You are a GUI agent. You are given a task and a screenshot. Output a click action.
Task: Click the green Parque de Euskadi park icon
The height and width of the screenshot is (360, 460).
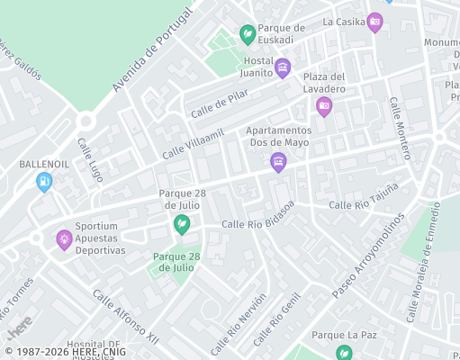[x=246, y=34]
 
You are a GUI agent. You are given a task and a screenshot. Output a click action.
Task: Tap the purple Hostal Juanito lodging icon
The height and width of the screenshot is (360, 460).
[x=283, y=67]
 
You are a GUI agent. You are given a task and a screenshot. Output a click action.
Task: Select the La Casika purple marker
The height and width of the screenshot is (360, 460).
[x=375, y=22]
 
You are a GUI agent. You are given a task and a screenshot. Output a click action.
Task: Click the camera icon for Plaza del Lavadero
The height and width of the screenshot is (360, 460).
[x=324, y=106]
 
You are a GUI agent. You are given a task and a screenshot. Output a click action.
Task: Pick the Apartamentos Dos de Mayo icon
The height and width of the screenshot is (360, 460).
[x=278, y=162]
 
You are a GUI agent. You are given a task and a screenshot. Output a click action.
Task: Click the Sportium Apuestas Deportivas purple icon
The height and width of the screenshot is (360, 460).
[x=64, y=239]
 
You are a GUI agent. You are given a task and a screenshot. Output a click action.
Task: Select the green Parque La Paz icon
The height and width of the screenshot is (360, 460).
[x=343, y=352]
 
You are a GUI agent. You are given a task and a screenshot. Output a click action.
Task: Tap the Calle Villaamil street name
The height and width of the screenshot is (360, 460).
[x=193, y=144]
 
